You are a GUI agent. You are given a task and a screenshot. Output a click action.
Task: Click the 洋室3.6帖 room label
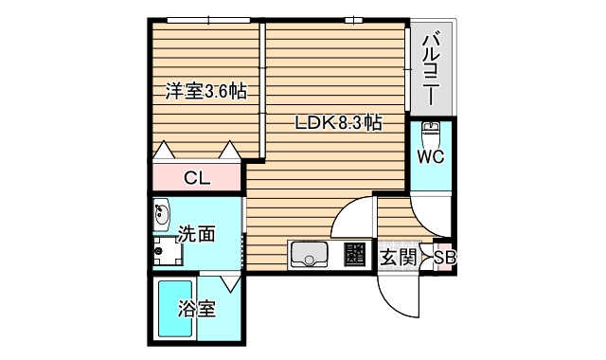point(206,92)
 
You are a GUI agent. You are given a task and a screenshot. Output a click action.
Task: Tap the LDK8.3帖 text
point(338,123)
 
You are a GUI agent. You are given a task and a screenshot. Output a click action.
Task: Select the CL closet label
point(197,176)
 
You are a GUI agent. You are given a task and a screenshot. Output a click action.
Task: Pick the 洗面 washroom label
point(197,233)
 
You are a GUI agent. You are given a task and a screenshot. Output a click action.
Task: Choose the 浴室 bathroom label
point(197,309)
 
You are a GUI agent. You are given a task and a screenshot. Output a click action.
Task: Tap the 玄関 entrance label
point(399,256)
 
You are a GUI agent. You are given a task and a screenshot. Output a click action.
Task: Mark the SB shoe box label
point(443,257)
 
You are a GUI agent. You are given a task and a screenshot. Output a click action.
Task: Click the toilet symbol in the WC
point(430,129)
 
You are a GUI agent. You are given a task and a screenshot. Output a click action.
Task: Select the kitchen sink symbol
point(309,255)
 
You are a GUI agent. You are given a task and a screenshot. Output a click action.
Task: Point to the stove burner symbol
point(355,255)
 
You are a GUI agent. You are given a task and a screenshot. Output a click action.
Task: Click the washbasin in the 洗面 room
point(160,213)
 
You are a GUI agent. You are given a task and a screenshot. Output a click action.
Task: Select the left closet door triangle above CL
point(164,150)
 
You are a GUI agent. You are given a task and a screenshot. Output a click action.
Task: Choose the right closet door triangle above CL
point(230,150)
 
